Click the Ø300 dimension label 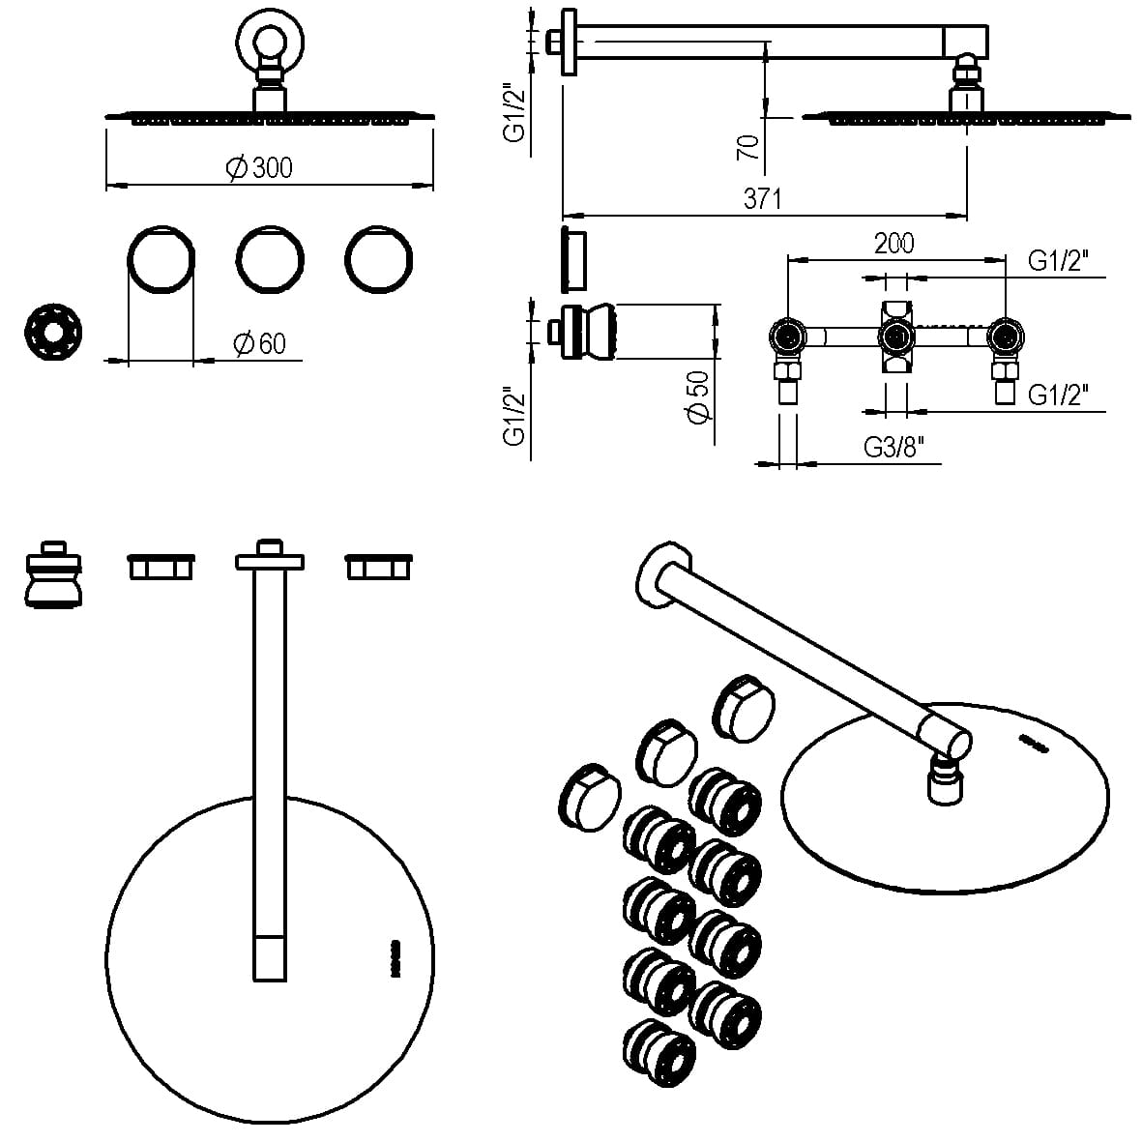259,167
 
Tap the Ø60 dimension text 260,343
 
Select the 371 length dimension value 762,199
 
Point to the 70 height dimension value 747,147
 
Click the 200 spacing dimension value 893,244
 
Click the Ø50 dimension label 698,395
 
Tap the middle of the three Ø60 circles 271,259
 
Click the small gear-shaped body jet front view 53,335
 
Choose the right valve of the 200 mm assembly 1005,337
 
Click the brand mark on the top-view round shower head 395,956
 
